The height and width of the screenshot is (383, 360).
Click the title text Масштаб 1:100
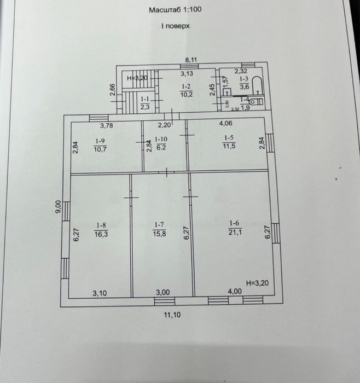point(175,10)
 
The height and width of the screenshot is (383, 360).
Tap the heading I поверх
point(175,26)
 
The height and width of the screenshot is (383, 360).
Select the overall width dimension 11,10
point(172,315)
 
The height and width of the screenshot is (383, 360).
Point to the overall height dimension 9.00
point(57,206)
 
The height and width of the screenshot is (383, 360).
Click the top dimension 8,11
point(191,60)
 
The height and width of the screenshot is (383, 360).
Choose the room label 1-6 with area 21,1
point(235,227)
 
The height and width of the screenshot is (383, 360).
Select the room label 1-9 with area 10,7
point(100,144)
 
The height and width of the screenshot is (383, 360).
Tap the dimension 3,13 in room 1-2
point(187,73)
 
